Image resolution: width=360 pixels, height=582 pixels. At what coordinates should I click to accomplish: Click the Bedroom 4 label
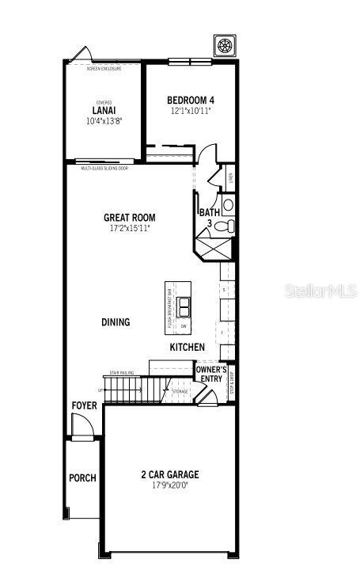point(191,100)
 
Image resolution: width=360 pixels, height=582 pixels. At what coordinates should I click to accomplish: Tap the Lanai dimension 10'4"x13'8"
point(104,122)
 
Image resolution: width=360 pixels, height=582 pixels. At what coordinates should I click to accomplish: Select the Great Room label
point(129,217)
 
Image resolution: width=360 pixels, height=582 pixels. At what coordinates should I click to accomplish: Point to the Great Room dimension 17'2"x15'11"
point(129,228)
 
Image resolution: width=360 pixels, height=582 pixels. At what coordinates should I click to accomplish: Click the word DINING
point(116,322)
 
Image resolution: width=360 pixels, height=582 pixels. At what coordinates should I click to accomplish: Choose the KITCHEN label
point(187,347)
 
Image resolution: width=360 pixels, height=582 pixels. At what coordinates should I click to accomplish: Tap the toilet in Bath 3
point(225,227)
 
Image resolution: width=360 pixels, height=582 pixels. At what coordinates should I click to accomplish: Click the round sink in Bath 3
point(228,205)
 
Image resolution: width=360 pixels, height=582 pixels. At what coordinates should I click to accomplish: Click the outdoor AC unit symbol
point(224,45)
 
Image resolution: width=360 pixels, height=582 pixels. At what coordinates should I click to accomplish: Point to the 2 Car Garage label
point(170,475)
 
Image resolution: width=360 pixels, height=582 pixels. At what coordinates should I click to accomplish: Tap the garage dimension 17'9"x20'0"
point(170,486)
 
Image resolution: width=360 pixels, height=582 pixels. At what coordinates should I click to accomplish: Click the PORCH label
point(82,478)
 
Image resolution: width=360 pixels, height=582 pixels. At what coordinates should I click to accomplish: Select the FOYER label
point(84,405)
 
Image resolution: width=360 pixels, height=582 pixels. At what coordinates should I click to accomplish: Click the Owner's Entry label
point(211,374)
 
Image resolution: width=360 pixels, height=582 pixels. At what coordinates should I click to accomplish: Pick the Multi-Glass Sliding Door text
point(105,168)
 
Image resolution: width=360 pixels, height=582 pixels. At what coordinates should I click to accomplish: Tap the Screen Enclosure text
point(104,69)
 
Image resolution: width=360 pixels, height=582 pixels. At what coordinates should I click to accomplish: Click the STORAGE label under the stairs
point(181,391)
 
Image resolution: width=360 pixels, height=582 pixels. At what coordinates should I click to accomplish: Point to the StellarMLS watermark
point(320,291)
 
